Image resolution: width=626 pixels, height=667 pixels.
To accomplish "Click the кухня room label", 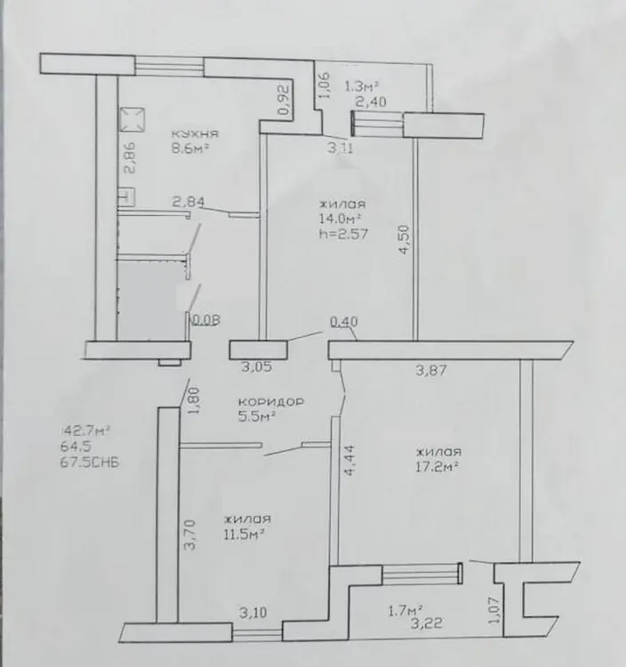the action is click(196, 133).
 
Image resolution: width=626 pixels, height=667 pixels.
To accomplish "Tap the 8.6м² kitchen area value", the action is click(191, 149).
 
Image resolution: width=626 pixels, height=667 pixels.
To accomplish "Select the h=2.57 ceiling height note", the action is click(343, 234).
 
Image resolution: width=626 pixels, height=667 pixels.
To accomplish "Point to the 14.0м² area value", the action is click(341, 219).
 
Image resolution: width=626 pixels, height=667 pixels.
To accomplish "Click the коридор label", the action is click(271, 401).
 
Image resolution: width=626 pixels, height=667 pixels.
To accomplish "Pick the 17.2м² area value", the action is click(437, 467).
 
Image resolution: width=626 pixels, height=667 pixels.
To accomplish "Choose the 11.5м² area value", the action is click(245, 534).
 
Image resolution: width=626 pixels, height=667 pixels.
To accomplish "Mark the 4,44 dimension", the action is click(349, 460).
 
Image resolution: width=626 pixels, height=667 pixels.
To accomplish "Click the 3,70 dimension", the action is click(189, 534).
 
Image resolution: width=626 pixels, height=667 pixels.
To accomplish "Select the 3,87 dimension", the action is click(431, 371).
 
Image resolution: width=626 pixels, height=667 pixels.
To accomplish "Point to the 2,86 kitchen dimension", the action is click(130, 157).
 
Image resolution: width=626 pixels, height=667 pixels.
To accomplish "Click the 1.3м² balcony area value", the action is click(362, 87).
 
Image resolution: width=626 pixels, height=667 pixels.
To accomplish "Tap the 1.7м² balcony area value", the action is click(405, 612).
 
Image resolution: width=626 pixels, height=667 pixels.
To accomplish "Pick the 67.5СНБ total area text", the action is click(90, 462).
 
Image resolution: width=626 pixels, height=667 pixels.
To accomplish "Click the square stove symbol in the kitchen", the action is click(132, 119).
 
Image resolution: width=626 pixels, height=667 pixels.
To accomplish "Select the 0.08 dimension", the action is click(206, 320).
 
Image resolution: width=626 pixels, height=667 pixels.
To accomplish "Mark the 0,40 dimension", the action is click(344, 322).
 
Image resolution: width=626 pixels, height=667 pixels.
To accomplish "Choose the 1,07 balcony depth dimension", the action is click(494, 610).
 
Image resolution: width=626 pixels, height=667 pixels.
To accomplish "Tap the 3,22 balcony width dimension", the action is click(427, 624).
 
